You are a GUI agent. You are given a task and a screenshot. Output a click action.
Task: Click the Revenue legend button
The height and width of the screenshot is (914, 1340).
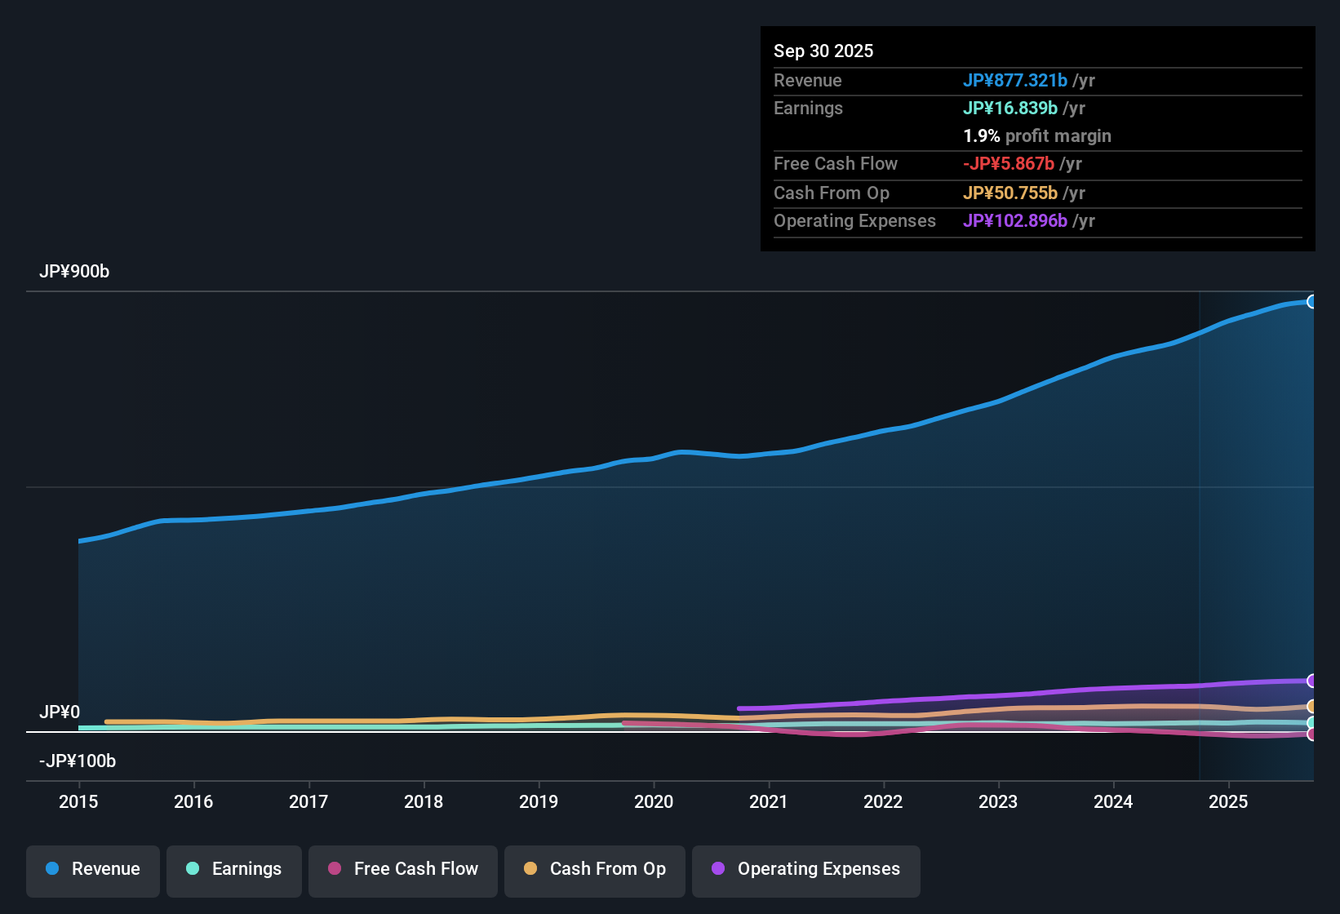coord(93,869)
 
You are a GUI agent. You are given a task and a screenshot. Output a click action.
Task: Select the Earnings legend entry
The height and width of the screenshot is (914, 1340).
coord(234,869)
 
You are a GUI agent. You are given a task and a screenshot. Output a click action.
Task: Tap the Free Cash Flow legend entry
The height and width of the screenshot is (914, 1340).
coord(403,869)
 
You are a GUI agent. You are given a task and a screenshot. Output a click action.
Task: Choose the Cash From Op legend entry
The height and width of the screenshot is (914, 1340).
coord(595,869)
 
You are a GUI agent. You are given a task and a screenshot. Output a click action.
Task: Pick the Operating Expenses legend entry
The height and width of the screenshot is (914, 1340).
coord(806,869)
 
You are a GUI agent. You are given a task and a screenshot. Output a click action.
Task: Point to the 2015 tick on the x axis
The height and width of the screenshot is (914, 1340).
coord(78,801)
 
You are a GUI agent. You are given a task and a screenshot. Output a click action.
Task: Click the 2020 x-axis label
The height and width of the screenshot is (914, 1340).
coord(654,801)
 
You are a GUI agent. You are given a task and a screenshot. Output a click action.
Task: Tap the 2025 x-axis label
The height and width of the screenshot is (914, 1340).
coord(1228,801)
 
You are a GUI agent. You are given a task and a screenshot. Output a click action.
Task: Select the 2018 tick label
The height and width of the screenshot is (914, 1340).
coord(424,801)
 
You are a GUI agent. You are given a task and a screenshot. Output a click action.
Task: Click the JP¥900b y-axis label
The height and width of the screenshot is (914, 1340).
coord(74,272)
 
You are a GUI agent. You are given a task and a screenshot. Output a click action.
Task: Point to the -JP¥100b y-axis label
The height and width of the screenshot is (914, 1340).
coord(78,761)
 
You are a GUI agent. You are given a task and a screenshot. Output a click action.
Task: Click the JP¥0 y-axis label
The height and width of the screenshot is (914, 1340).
coord(60,712)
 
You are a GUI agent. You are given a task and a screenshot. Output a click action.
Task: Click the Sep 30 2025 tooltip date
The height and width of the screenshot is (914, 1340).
coord(823,51)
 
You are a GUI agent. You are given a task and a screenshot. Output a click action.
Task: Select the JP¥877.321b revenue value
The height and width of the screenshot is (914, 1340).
coord(1015,81)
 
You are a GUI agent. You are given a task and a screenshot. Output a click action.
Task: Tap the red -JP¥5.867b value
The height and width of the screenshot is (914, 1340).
coord(1009,164)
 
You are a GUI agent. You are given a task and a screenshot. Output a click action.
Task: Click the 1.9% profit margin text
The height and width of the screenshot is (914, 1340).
coord(1037,136)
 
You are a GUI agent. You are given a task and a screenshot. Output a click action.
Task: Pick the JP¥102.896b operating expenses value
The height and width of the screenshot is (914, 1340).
coord(1015,221)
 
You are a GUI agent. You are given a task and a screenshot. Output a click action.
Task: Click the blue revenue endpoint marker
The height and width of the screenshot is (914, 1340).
coord(1311,302)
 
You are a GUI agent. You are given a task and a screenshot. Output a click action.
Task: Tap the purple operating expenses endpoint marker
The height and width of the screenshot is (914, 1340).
coord(1311,681)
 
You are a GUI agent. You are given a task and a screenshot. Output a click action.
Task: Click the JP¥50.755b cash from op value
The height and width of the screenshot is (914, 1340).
coord(1010,193)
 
